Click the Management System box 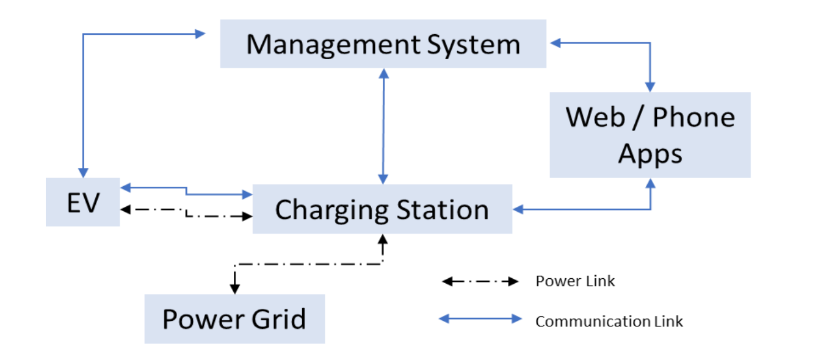383,44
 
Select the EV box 82,202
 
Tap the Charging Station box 382,209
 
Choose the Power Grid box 234,319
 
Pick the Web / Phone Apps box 650,135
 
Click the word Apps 650,153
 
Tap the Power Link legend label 575,281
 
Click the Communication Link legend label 609,321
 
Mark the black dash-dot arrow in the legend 480,282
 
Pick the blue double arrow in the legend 480,319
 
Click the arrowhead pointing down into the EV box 83,173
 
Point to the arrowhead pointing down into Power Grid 234,288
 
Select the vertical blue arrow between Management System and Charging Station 383,126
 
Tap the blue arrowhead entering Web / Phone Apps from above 651,87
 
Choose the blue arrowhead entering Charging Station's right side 518,210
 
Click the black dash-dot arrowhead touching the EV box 126,209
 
